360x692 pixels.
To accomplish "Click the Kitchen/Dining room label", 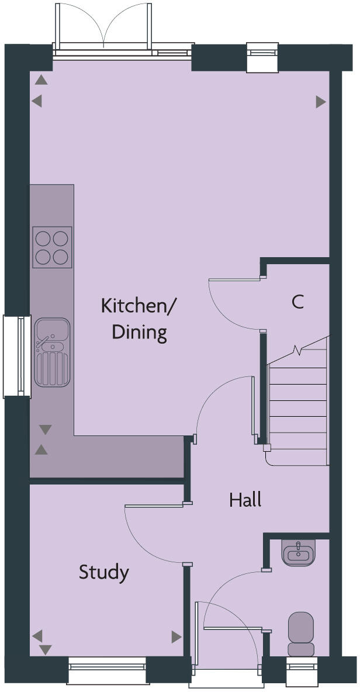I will coord(139,319).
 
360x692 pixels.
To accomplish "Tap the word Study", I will coord(104,572).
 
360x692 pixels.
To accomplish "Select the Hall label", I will coord(245,500).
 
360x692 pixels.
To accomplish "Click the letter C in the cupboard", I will coord(297,302).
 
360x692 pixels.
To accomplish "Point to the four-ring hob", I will coord(52,247).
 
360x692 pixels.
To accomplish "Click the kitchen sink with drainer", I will coord(52,352).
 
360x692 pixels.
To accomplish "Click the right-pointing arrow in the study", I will coord(176,636).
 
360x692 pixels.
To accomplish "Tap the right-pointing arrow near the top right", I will coord(320,102).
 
